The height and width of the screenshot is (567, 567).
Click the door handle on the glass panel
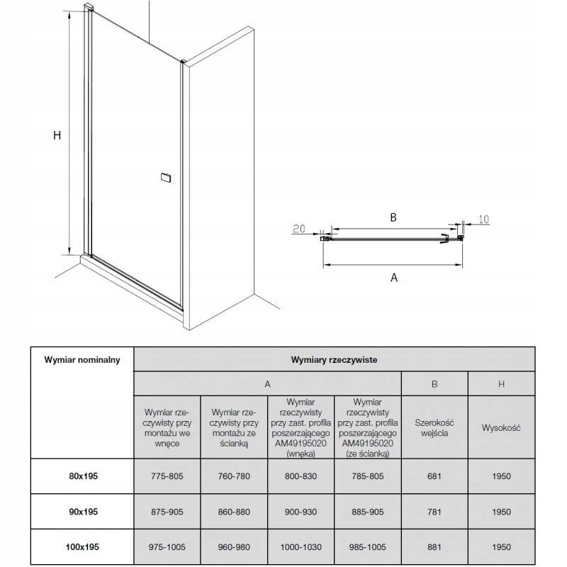(166, 178)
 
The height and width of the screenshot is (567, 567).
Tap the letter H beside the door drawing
(57, 135)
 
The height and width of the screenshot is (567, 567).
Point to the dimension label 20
(298, 228)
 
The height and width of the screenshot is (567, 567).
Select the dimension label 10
(483, 219)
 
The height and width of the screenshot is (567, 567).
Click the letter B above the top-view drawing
(393, 218)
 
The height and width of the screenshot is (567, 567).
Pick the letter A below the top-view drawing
(394, 277)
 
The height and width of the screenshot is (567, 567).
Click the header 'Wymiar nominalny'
(82, 360)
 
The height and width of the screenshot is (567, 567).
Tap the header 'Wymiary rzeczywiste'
(334, 360)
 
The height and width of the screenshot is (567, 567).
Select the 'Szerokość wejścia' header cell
(434, 428)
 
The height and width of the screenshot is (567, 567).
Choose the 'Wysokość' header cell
(501, 428)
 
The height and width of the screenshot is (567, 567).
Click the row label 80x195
(83, 476)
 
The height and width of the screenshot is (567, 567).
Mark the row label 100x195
(82, 546)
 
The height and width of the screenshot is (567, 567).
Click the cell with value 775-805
(167, 476)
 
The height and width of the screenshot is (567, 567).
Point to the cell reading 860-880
(234, 512)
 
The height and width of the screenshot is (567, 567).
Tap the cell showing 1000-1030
(301, 546)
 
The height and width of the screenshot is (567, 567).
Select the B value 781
(434, 512)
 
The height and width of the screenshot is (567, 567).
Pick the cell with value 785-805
(368, 476)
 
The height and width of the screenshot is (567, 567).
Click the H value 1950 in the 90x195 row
(502, 512)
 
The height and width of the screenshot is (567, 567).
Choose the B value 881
(434, 546)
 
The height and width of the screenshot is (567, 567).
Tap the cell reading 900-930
(301, 512)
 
